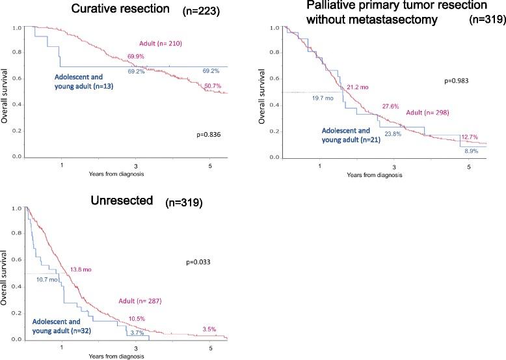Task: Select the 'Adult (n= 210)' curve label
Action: click(x=158, y=44)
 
